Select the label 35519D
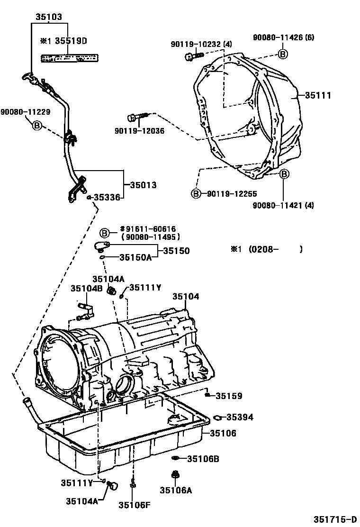click(71, 41)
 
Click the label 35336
click(109, 197)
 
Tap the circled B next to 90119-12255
click(195, 193)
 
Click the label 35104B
click(87, 288)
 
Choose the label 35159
click(229, 396)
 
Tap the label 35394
click(239, 417)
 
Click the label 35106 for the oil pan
click(223, 433)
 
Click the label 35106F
click(134, 504)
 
